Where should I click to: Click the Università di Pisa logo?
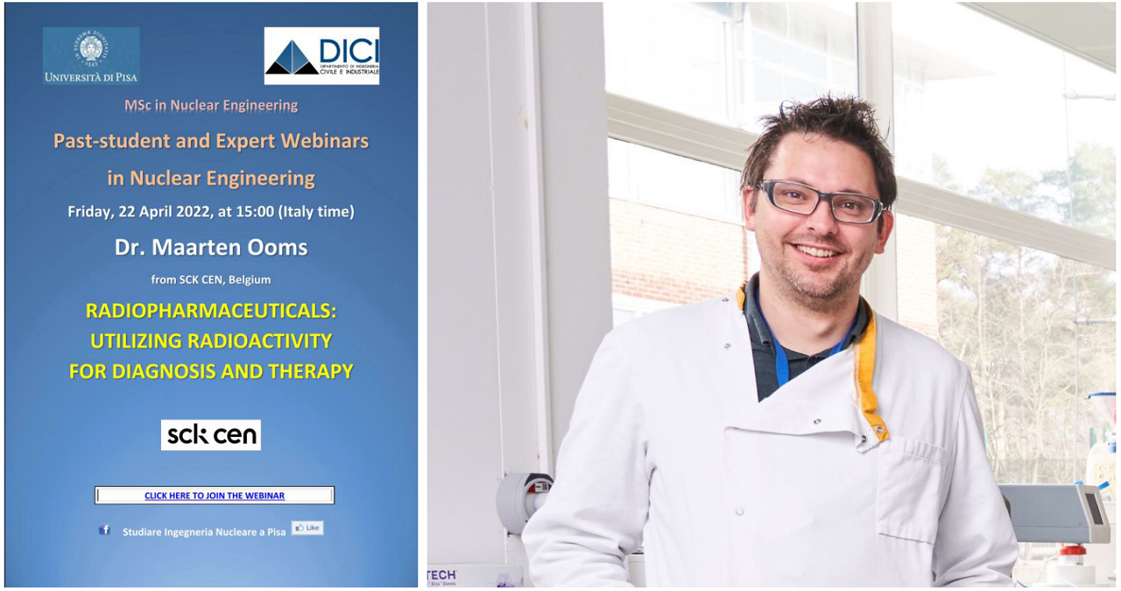pos(91,56)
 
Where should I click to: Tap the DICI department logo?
pos(322,56)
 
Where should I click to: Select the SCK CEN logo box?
pos(211,435)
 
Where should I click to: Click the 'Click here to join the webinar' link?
pos(214,496)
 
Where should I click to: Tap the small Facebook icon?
pos(105,529)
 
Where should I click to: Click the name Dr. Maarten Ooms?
pos(211,247)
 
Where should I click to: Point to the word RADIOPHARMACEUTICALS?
pos(211,311)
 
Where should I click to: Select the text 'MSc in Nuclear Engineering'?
pos(211,106)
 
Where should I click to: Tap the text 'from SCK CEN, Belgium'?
pos(211,280)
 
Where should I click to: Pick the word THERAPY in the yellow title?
pos(311,371)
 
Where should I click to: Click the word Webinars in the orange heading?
pos(324,141)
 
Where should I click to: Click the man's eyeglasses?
pos(821,201)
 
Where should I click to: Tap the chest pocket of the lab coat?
pos(911,489)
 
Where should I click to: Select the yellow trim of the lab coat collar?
pos(869,371)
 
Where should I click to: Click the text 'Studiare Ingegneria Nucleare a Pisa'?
pos(204,532)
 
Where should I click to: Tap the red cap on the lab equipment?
pos(1073,551)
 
